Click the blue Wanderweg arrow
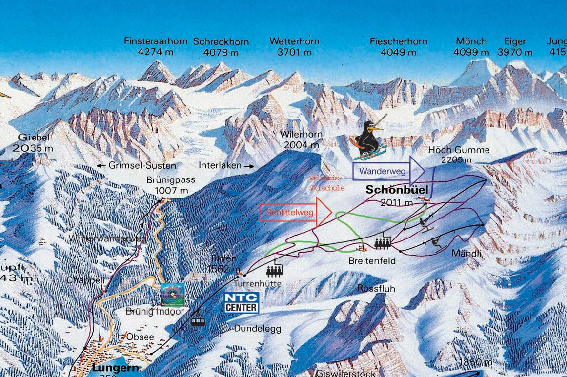click(389, 171)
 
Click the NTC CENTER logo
click(242, 302)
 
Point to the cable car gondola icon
click(198, 319)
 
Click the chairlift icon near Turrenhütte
click(275, 270)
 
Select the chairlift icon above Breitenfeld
click(383, 242)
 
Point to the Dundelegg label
click(258, 329)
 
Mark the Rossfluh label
click(376, 289)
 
